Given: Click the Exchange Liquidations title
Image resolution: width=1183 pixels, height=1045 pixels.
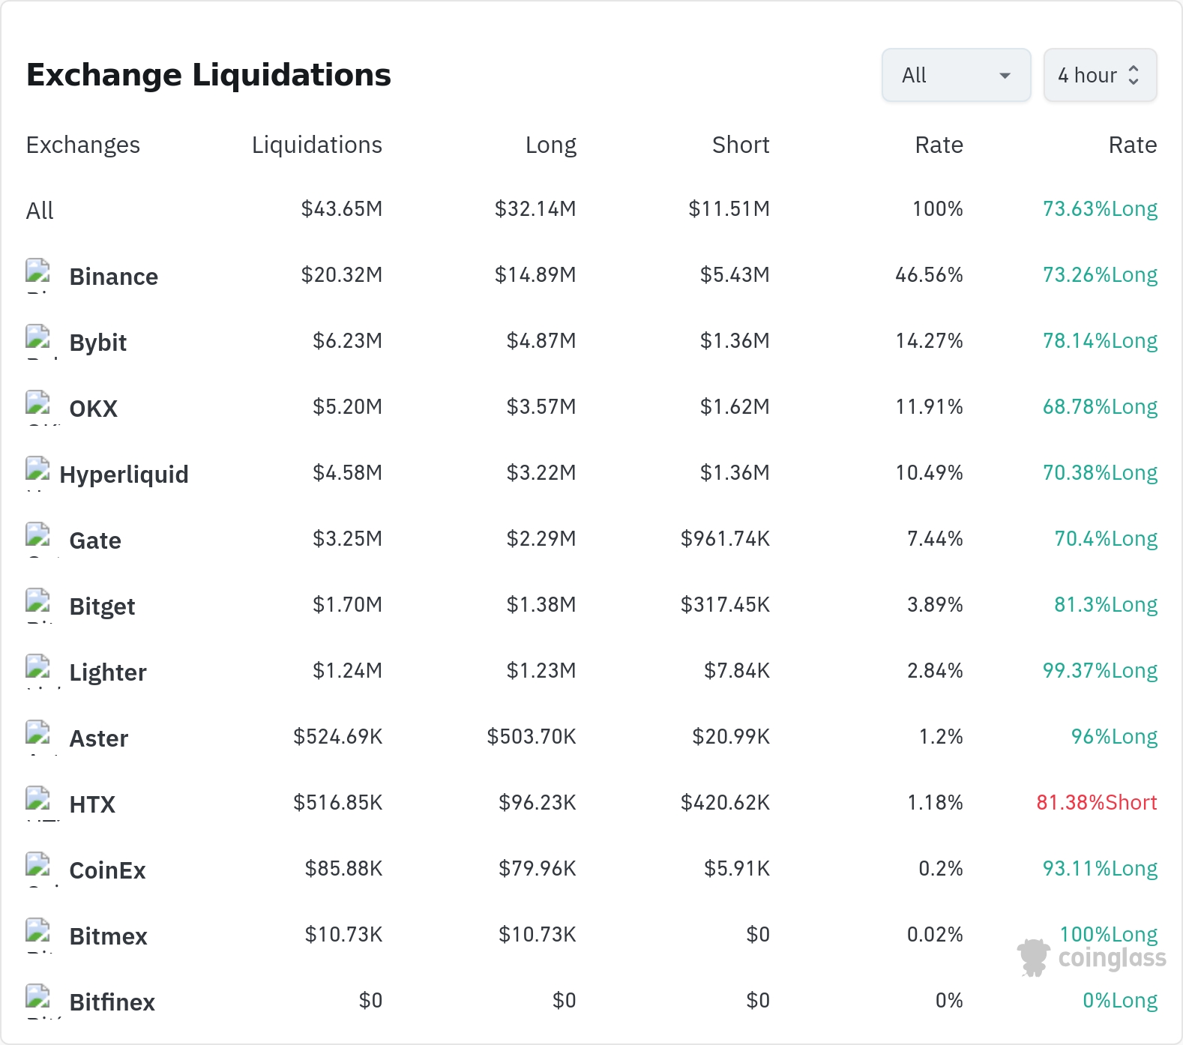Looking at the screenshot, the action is pos(208,75).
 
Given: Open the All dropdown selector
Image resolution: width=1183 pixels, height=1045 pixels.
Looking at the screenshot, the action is pos(956,75).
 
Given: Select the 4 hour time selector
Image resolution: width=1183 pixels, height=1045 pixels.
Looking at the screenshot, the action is pos(1100,75).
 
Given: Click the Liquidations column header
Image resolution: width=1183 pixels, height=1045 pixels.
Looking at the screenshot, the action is pos(317,145).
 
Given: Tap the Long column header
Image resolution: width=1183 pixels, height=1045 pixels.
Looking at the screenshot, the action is pos(551,145).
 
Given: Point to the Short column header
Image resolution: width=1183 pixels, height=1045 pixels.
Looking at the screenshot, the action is pos(741,145).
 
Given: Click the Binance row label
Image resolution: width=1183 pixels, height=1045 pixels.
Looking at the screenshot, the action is pos(114,277).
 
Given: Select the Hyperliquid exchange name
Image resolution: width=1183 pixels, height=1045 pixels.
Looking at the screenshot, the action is pos(124,475).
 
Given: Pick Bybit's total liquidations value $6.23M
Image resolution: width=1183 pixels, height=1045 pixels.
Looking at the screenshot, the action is pos(347,341).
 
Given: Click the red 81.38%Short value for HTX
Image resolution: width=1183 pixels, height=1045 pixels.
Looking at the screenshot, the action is pos(1097,803).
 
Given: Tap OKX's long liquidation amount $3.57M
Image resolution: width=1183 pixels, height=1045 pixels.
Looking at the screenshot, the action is pos(541,407).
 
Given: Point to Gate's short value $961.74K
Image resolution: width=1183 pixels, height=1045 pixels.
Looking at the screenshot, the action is pos(725,539).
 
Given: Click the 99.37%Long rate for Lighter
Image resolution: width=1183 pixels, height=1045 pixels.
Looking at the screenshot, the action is pos(1100,671).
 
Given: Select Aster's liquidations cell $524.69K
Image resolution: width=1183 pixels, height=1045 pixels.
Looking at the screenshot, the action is pos(338,737).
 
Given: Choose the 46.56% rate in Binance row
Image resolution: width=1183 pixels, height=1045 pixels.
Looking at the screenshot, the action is pos(929,275).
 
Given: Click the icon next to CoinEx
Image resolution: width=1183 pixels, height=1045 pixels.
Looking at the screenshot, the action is pos(38,866).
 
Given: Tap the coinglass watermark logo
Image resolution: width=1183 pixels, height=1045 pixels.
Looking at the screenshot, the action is pos(1092,957).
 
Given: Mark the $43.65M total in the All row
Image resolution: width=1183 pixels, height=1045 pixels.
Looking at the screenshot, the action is pos(342,209).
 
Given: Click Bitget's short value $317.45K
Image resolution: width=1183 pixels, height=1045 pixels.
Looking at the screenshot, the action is pos(725,605).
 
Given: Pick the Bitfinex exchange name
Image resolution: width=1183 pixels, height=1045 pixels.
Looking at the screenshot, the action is pos(112,1002).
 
